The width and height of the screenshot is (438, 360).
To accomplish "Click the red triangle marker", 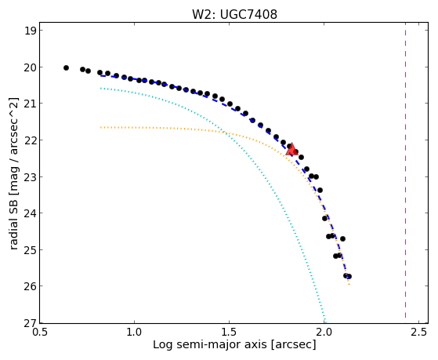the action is point(291,149).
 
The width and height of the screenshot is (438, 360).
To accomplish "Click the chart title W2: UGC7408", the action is point(234,15).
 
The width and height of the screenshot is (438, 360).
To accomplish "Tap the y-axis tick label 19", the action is point(31,31).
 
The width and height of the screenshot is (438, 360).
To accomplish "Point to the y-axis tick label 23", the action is point(31,177).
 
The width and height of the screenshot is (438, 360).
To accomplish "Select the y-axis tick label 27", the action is point(31,323).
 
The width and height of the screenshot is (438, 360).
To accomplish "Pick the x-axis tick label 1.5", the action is point(229,332).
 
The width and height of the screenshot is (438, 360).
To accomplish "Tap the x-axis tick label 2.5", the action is point(418,332).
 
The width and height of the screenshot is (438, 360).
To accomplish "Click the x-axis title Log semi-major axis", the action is point(210,344).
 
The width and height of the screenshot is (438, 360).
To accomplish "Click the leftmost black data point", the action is point(66,67).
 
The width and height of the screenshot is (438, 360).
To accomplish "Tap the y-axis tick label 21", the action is point(31,104).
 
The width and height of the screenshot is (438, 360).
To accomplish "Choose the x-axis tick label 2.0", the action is point(324,332).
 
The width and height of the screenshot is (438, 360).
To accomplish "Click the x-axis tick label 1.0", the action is point(134,332).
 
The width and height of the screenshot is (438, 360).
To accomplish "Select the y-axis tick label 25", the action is point(31,250).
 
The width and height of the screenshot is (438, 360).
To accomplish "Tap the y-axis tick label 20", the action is point(31,67).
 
